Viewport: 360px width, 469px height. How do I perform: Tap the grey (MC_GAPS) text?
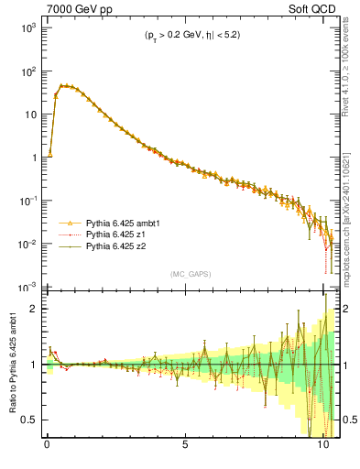[x=190, y=274]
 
